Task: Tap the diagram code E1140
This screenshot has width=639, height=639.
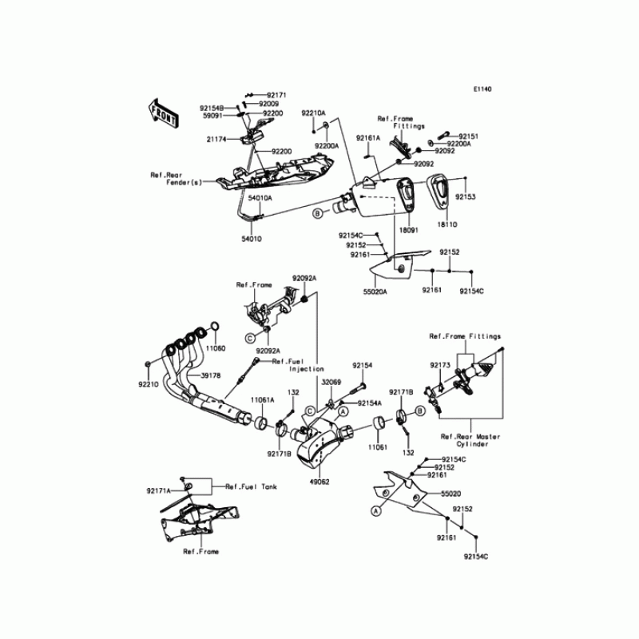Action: coord(481,89)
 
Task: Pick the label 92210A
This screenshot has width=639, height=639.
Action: coord(313,113)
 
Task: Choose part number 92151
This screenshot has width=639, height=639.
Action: coord(469,137)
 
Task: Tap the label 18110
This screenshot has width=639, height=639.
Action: coord(447,227)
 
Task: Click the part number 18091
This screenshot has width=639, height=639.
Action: coord(408,228)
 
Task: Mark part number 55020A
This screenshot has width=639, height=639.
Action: coord(375,292)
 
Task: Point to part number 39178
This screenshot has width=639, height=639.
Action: coord(211,375)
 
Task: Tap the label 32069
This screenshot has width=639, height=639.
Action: coord(331,382)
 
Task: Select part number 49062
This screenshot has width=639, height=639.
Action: coord(319,482)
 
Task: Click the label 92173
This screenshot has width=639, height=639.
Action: coord(441,365)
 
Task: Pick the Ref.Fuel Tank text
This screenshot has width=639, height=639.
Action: coord(251,486)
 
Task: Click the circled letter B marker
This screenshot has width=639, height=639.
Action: coord(317,213)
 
